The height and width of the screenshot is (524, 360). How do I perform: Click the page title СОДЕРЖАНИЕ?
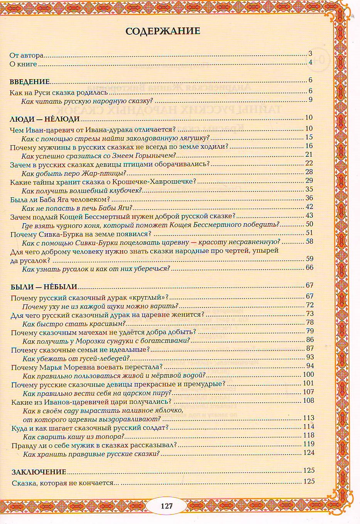coord(163,31)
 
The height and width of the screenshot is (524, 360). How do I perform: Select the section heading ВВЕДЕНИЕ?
coord(30,81)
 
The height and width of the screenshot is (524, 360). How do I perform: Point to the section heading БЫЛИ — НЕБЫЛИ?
coord(44,287)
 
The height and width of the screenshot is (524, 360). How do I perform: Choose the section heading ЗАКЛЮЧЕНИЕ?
coord(39,472)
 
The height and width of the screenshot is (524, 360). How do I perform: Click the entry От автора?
coord(27,56)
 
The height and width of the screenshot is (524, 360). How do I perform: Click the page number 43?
coord(309,215)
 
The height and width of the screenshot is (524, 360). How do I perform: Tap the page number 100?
coord(308,374)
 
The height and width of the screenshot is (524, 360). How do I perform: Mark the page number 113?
coord(309,418)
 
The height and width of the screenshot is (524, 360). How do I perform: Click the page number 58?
coord(309,241)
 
